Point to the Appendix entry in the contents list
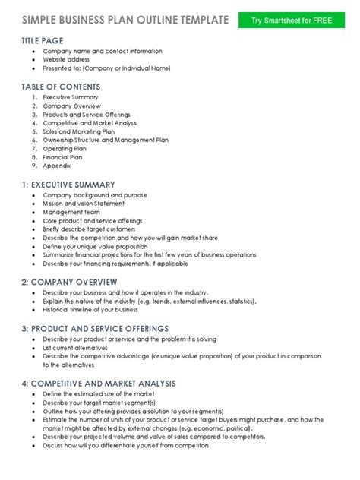(x=57, y=165)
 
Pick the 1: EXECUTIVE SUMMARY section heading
(x=68, y=184)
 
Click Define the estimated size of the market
(x=99, y=393)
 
